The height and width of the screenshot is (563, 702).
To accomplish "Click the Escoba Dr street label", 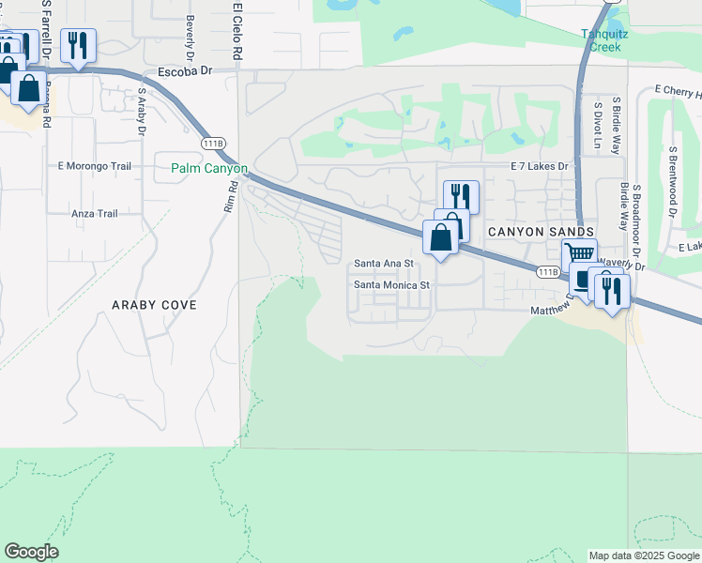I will (186, 70).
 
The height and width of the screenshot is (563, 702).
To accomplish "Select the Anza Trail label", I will (95, 214).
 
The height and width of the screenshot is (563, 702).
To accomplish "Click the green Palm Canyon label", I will (209, 169).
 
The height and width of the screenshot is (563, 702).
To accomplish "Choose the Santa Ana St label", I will (383, 264).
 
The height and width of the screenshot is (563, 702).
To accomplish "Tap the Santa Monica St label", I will (390, 284).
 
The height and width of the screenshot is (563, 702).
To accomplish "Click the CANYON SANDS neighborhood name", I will (540, 231).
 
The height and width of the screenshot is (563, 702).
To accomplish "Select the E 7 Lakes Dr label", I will (540, 166).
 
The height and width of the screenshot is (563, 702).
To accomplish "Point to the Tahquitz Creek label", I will (617, 40).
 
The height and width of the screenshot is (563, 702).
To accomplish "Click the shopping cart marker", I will (580, 253).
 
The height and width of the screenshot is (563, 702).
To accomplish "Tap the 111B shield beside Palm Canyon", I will (213, 143).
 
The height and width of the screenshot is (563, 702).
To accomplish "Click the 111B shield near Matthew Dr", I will (549, 271).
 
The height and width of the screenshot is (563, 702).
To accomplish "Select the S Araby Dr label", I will (142, 111).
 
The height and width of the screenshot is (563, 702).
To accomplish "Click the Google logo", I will (31, 552).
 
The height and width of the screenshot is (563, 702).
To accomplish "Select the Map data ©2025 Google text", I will (643, 555).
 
